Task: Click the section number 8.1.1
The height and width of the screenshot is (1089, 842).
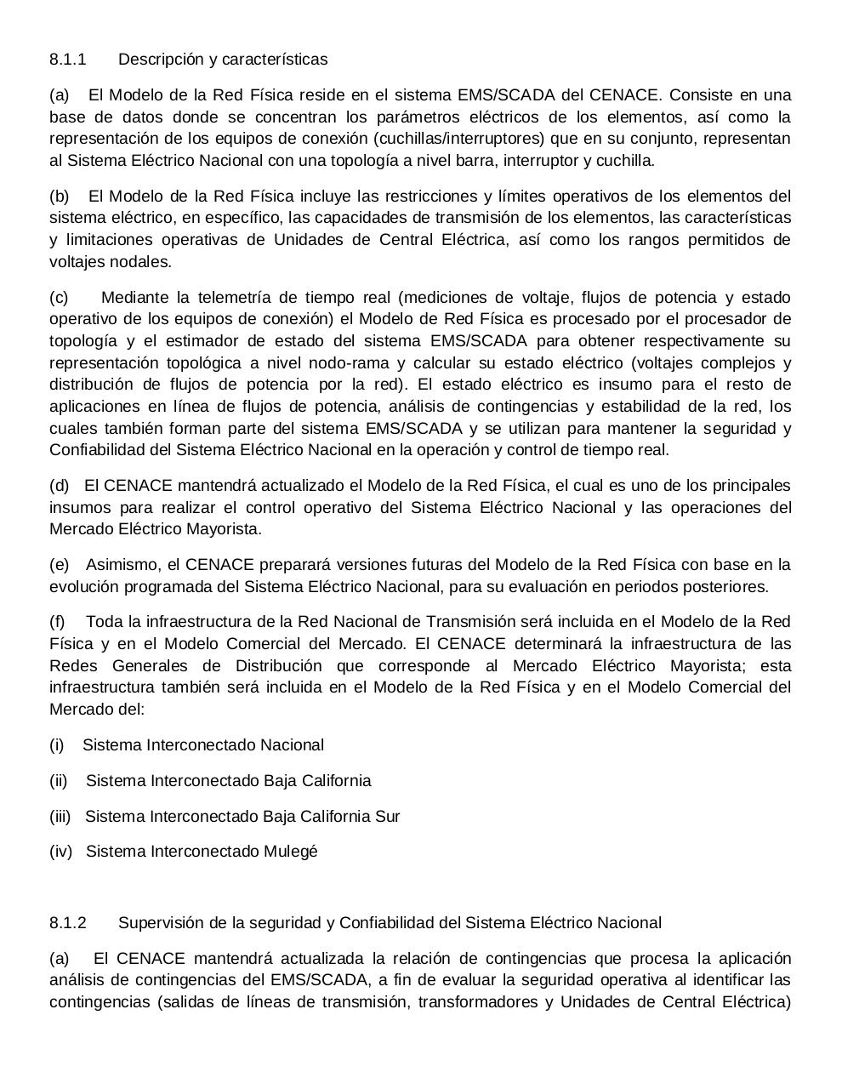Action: click(x=68, y=60)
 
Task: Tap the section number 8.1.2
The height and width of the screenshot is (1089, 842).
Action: click(x=68, y=923)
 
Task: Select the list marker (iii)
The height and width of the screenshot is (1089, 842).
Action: click(x=60, y=817)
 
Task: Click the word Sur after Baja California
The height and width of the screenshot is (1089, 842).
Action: click(x=387, y=817)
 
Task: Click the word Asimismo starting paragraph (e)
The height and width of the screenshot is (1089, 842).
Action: click(x=121, y=565)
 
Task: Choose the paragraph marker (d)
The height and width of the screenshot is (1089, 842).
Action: click(x=60, y=486)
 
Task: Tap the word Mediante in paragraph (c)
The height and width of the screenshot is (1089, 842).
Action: click(x=134, y=298)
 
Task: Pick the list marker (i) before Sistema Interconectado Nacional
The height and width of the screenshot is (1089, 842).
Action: click(x=57, y=745)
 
